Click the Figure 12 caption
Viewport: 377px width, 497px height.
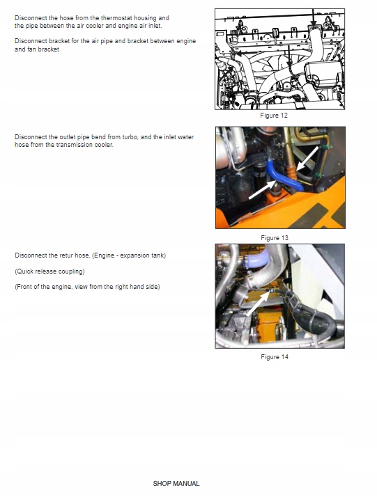[274, 116]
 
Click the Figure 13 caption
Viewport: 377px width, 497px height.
[275, 238]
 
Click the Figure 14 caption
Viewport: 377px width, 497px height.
[275, 357]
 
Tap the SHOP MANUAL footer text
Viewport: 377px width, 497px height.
[176, 483]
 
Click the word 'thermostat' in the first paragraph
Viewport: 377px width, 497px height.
[116, 18]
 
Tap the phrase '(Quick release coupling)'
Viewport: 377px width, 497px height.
[49, 271]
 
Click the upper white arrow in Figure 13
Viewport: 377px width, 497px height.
[307, 159]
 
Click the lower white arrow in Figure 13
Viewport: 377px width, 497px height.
[262, 189]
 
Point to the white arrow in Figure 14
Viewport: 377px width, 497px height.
[258, 304]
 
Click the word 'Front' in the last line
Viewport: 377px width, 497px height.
[24, 287]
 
